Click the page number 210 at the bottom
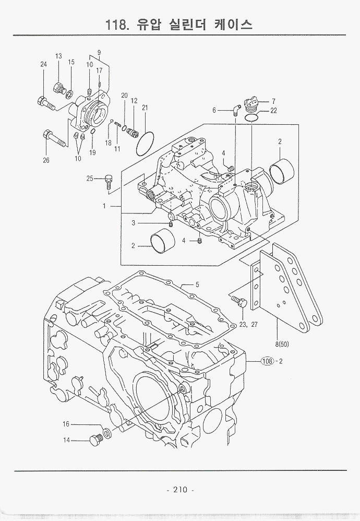coord(180,490)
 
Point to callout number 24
coord(44,65)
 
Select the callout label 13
coord(58,56)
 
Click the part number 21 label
coord(145,108)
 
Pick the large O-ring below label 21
coord(145,144)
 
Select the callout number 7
coord(273,101)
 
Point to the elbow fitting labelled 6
coord(236,110)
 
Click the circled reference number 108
coord(267,361)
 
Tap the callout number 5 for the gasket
coord(197,285)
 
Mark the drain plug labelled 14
coord(95,440)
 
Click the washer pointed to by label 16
coord(106,432)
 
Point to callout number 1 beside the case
coord(104,206)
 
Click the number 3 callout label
coord(133,223)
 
